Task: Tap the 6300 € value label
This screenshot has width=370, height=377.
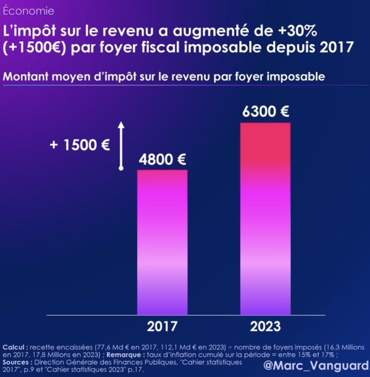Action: [265, 112]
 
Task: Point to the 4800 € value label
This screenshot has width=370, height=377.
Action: [162, 159]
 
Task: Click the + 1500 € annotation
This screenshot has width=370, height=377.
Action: [80, 145]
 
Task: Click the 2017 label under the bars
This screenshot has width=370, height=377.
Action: [162, 326]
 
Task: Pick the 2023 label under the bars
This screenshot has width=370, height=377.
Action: [265, 326]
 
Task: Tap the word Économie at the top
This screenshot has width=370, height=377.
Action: [28, 10]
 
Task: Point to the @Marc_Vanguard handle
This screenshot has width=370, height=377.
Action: [316, 365]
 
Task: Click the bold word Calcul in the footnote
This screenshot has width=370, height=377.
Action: [14, 346]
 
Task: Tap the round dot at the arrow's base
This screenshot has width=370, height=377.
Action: [121, 168]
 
